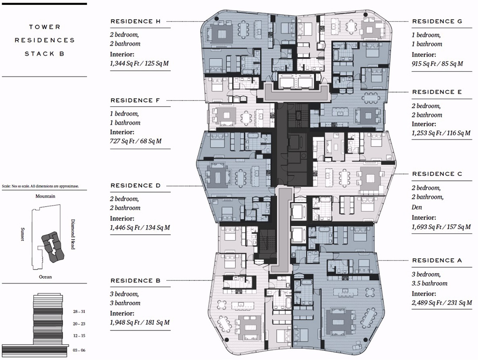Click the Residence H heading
tap(135, 21)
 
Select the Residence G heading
tap(437, 21)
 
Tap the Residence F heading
tap(135, 100)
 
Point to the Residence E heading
tap(437, 92)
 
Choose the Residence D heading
tap(135, 186)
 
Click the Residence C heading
tap(437, 174)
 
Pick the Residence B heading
tap(135, 281)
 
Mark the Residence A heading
tap(437, 260)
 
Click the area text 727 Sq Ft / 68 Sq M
tap(136, 141)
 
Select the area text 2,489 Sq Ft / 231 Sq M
tap(442, 303)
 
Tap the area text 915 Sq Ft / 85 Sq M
tap(437, 64)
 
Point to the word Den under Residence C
tap(417, 207)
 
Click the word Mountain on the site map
tap(46, 196)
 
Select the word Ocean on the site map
tap(45, 277)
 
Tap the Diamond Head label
tap(73, 234)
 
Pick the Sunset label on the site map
tap(22, 234)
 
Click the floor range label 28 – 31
tap(79, 311)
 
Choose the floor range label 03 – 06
tap(79, 350)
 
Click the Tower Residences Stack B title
tap(44, 40)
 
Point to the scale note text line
tap(40, 186)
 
